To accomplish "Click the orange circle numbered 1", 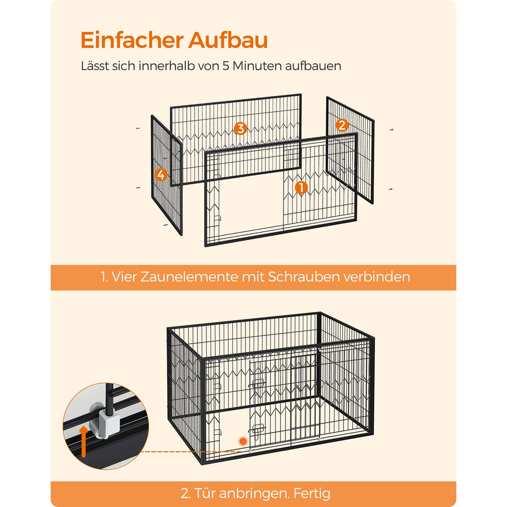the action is tap(301, 188).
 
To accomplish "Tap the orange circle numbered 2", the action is tap(342, 125).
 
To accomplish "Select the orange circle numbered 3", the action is tap(240, 129).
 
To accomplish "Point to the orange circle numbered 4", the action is tap(161, 174).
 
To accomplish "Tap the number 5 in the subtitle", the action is tap(226, 66).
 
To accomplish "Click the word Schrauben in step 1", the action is tap(304, 277).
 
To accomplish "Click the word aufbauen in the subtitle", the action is tap(313, 66).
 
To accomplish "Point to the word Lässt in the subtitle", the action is tap(95, 66).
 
